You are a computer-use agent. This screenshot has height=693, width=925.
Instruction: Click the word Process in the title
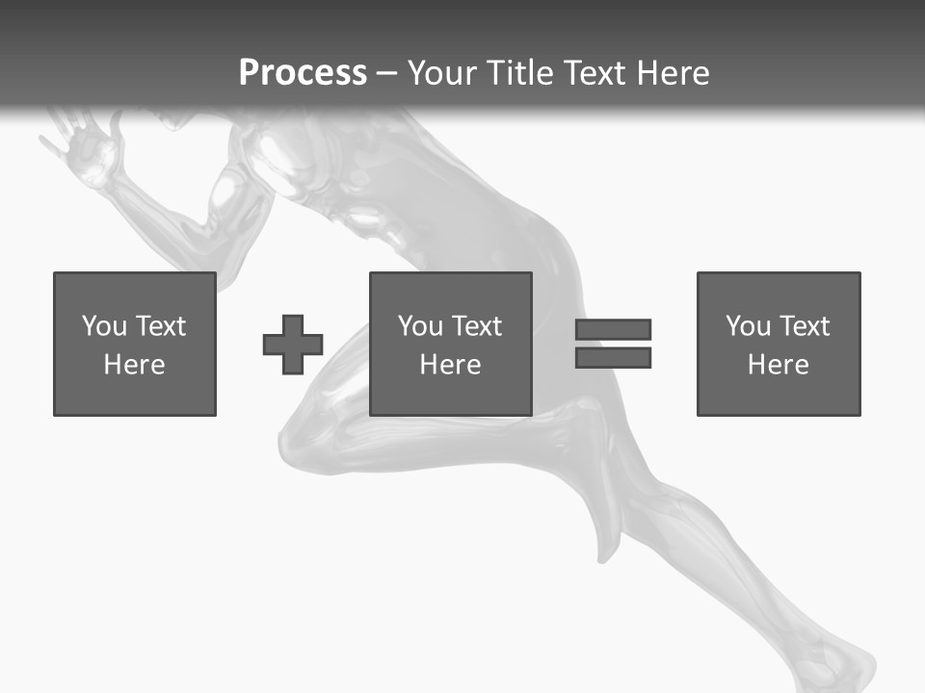coord(303,73)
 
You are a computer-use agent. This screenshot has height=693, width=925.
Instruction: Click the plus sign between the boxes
coord(293,345)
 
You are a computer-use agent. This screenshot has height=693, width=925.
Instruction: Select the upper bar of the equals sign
coord(613,329)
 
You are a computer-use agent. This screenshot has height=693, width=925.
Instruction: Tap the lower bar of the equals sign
coord(613,358)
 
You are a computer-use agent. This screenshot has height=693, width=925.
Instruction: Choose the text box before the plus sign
coord(135,345)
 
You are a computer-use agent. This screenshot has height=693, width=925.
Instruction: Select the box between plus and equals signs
coord(451,345)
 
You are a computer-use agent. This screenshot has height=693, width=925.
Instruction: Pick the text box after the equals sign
coord(779,345)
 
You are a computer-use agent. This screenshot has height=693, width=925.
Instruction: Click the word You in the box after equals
coord(748,326)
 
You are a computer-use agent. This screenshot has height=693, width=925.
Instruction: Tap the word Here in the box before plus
coord(135,365)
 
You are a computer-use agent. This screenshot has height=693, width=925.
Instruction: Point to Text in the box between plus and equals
coord(477,326)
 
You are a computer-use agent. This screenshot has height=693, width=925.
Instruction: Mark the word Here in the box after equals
coord(779,365)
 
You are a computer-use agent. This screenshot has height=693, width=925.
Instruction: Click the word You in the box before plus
coord(104,326)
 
